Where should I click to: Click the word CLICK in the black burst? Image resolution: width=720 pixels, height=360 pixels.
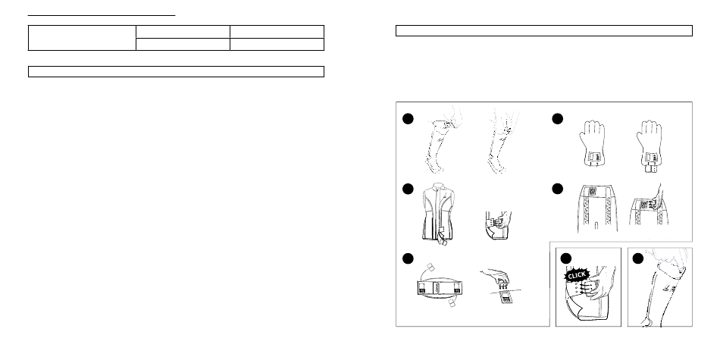pyautogui.click(x=576, y=274)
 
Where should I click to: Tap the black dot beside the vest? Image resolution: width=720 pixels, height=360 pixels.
pyautogui.click(x=408, y=189)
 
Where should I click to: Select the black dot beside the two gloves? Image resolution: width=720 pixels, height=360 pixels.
pyautogui.click(x=558, y=119)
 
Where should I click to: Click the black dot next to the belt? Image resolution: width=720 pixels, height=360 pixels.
pyautogui.click(x=408, y=259)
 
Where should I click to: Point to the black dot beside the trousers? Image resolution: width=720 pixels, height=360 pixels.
pyautogui.click(x=558, y=189)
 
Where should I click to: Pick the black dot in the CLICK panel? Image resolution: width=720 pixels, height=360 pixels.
pyautogui.click(x=567, y=259)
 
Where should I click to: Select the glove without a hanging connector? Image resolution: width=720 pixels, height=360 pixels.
pyautogui.click(x=593, y=143)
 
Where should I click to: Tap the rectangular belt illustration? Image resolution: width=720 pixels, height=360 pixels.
pyautogui.click(x=440, y=288)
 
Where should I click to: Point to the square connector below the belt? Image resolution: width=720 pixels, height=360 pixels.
pyautogui.click(x=452, y=303)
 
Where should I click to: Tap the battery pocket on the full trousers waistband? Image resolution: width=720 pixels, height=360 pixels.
pyautogui.click(x=592, y=192)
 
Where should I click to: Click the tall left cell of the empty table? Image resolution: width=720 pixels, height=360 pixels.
pyautogui.click(x=82, y=38)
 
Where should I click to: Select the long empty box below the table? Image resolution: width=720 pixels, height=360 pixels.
pyautogui.click(x=177, y=72)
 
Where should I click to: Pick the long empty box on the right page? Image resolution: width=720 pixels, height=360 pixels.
pyautogui.click(x=544, y=31)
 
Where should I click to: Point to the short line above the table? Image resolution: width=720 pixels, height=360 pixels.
pyautogui.click(x=102, y=16)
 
